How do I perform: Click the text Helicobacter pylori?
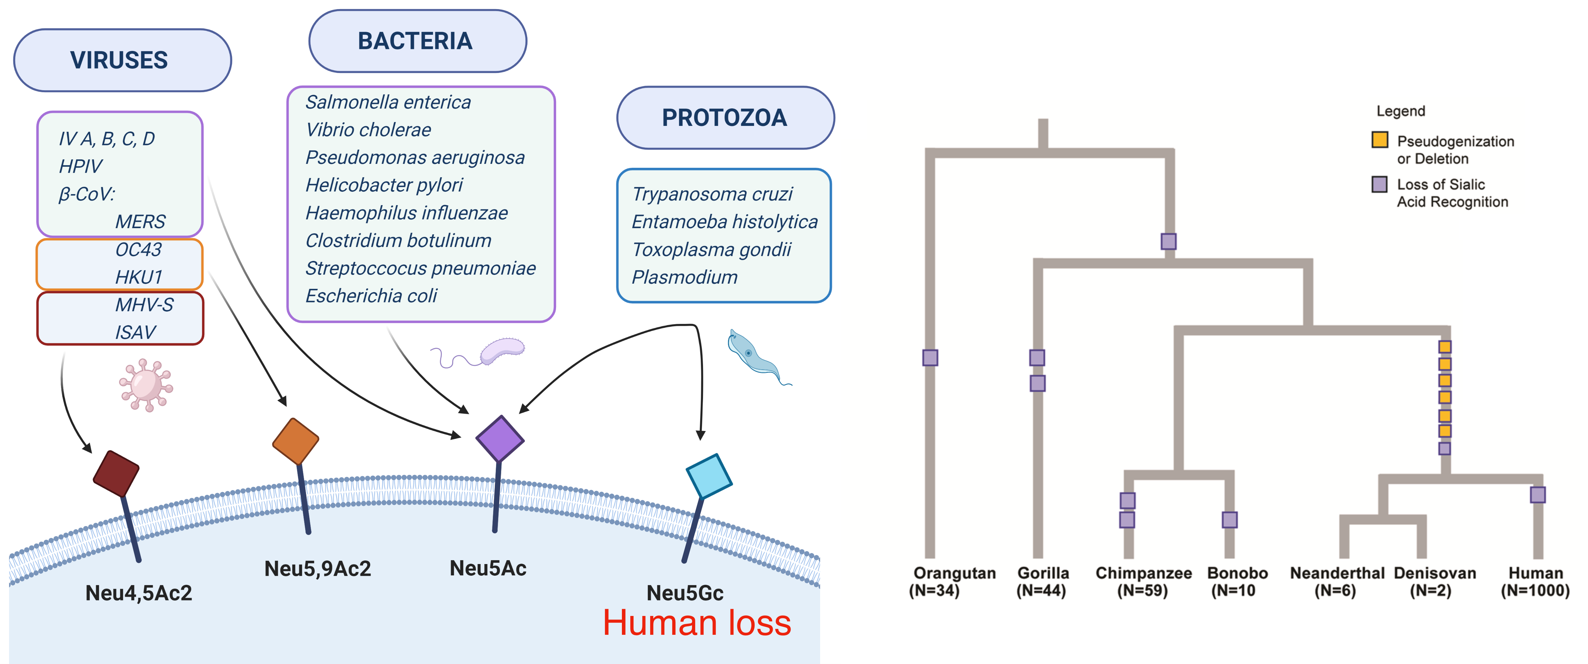(x=384, y=185)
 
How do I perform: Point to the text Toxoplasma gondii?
(x=711, y=250)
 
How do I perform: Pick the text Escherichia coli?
(x=371, y=296)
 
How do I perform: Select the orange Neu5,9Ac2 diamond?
(x=296, y=441)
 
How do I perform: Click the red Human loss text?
(x=697, y=623)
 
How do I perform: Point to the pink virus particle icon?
(x=146, y=385)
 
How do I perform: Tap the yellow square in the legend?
(x=1380, y=140)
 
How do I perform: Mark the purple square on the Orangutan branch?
(x=930, y=358)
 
